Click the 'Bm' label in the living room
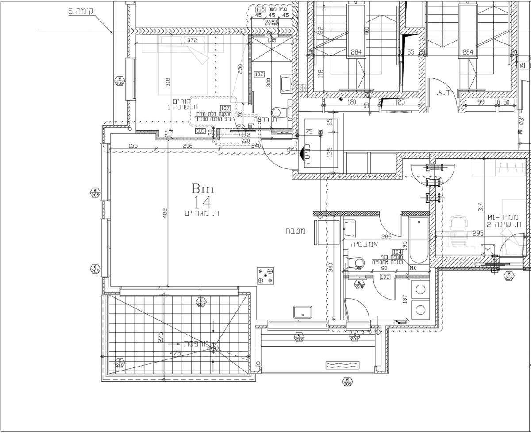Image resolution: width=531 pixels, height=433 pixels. pos(203,189)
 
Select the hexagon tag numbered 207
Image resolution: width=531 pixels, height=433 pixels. pos(201,303)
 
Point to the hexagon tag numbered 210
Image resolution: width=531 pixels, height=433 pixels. pos(119,363)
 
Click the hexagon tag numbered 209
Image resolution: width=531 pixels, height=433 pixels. pos(347,382)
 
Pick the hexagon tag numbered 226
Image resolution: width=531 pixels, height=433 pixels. pos(359,285)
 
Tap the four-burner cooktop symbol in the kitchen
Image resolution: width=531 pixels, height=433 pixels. pos(266,275)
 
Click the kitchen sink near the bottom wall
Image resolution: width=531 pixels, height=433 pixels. pos(303,312)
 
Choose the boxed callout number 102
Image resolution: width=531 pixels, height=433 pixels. pos(259,74)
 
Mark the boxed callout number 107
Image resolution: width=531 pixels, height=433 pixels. pos(225,108)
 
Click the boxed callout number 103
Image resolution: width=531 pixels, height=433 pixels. pos(385,277)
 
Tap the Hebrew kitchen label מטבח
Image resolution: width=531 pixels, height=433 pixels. pos(294,231)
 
